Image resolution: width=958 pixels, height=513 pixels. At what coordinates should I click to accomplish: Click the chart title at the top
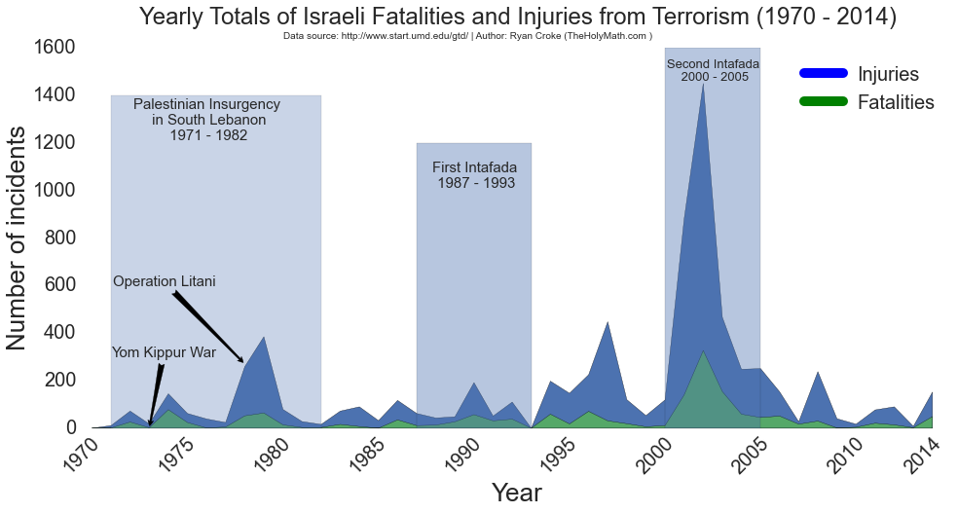click(517, 17)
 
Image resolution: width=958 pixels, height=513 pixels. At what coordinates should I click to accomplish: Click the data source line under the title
click(467, 36)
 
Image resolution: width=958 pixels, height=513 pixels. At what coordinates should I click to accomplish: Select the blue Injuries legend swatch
click(823, 74)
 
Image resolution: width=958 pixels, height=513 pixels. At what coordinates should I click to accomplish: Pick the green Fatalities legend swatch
click(823, 102)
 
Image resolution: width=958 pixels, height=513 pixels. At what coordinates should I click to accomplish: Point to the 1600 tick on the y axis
click(55, 48)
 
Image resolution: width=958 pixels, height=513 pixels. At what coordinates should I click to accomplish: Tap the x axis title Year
click(516, 493)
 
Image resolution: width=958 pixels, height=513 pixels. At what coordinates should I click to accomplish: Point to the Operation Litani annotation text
click(165, 282)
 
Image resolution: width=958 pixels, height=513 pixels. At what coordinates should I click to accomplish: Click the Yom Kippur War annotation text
click(164, 352)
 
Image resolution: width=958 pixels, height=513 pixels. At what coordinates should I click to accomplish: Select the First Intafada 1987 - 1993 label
click(475, 175)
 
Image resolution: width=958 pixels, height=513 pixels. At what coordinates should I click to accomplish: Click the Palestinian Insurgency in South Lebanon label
click(207, 120)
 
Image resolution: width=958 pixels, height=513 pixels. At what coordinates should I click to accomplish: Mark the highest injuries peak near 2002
click(703, 84)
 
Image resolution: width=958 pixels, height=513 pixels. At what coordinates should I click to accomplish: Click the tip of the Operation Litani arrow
click(244, 363)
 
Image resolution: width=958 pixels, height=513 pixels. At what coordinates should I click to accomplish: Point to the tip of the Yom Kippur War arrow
click(150, 425)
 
